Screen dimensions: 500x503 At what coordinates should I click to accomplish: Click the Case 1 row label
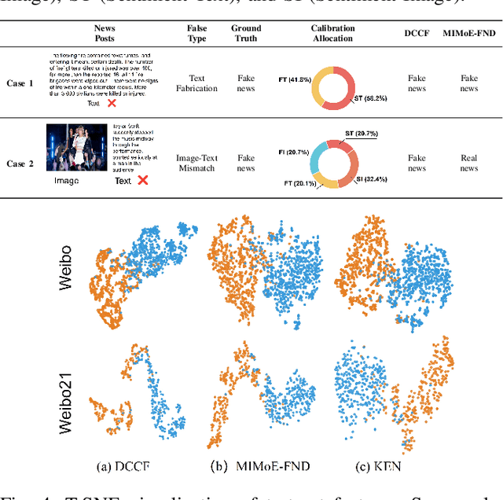[20, 83]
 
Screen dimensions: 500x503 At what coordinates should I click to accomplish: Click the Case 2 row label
[20, 164]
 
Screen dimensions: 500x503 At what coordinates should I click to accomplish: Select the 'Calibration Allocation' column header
[332, 33]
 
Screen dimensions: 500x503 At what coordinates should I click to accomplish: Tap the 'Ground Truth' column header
[246, 33]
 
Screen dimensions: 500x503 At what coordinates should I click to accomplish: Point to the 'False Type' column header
[196, 33]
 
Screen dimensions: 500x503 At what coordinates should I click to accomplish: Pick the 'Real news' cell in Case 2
[468, 163]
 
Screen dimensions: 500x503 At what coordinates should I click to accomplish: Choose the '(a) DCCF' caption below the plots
[123, 466]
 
